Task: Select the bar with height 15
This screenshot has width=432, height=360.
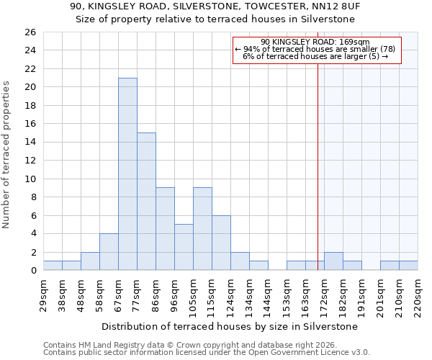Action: click(x=146, y=202)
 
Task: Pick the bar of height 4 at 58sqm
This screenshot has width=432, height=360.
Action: click(x=109, y=252)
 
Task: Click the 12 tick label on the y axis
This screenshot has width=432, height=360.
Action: click(x=30, y=161)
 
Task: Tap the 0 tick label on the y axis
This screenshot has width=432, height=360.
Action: click(x=32, y=271)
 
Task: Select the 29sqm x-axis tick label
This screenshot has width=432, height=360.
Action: click(x=44, y=293)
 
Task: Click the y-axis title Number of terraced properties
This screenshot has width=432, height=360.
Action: click(x=6, y=155)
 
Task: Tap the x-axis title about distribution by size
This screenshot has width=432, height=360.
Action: click(x=229, y=326)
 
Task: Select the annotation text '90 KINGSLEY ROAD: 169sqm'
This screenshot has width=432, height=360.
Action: click(x=315, y=42)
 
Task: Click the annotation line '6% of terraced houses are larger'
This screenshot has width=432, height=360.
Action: click(x=315, y=56)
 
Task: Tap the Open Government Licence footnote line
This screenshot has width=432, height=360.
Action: click(x=207, y=353)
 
